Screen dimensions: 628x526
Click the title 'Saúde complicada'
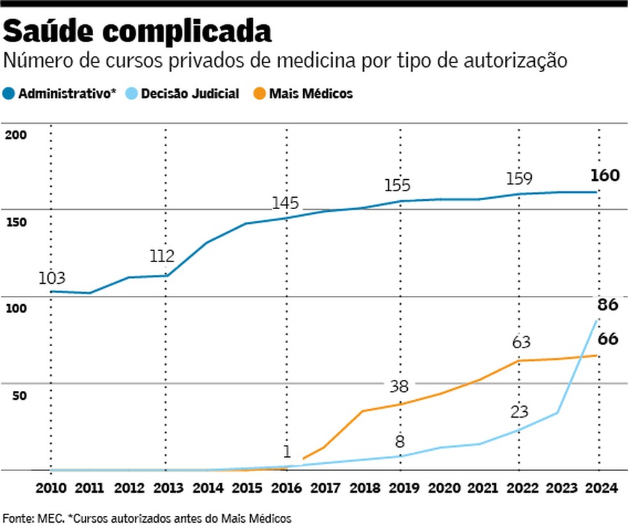pyautogui.click(x=137, y=32)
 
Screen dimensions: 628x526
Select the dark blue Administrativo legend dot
pyautogui.click(x=8, y=94)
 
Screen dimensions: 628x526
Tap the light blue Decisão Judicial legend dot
pyautogui.click(x=131, y=94)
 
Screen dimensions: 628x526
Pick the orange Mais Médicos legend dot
pyautogui.click(x=260, y=94)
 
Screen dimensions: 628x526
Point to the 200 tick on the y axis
pyautogui.click(x=16, y=135)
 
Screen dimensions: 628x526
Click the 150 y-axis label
pyautogui.click(x=16, y=222)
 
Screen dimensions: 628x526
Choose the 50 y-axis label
pyautogui.click(x=19, y=395)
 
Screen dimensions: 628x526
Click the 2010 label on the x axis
pyautogui.click(x=51, y=488)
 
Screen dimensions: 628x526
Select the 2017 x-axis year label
pyautogui.click(x=325, y=488)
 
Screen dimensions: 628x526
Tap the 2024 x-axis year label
pyautogui.click(x=601, y=488)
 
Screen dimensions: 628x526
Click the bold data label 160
pyautogui.click(x=605, y=175)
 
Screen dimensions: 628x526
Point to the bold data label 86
pyautogui.click(x=608, y=305)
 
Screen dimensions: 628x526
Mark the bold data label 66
pyautogui.click(x=608, y=339)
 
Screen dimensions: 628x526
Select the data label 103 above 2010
pyautogui.click(x=52, y=278)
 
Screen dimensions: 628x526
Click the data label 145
pyautogui.click(x=285, y=203)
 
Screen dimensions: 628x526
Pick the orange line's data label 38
pyautogui.click(x=400, y=386)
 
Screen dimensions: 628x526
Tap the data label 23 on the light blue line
pyautogui.click(x=520, y=412)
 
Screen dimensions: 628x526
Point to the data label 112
pyautogui.click(x=162, y=256)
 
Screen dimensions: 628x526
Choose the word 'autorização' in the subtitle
pyautogui.click(x=516, y=61)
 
